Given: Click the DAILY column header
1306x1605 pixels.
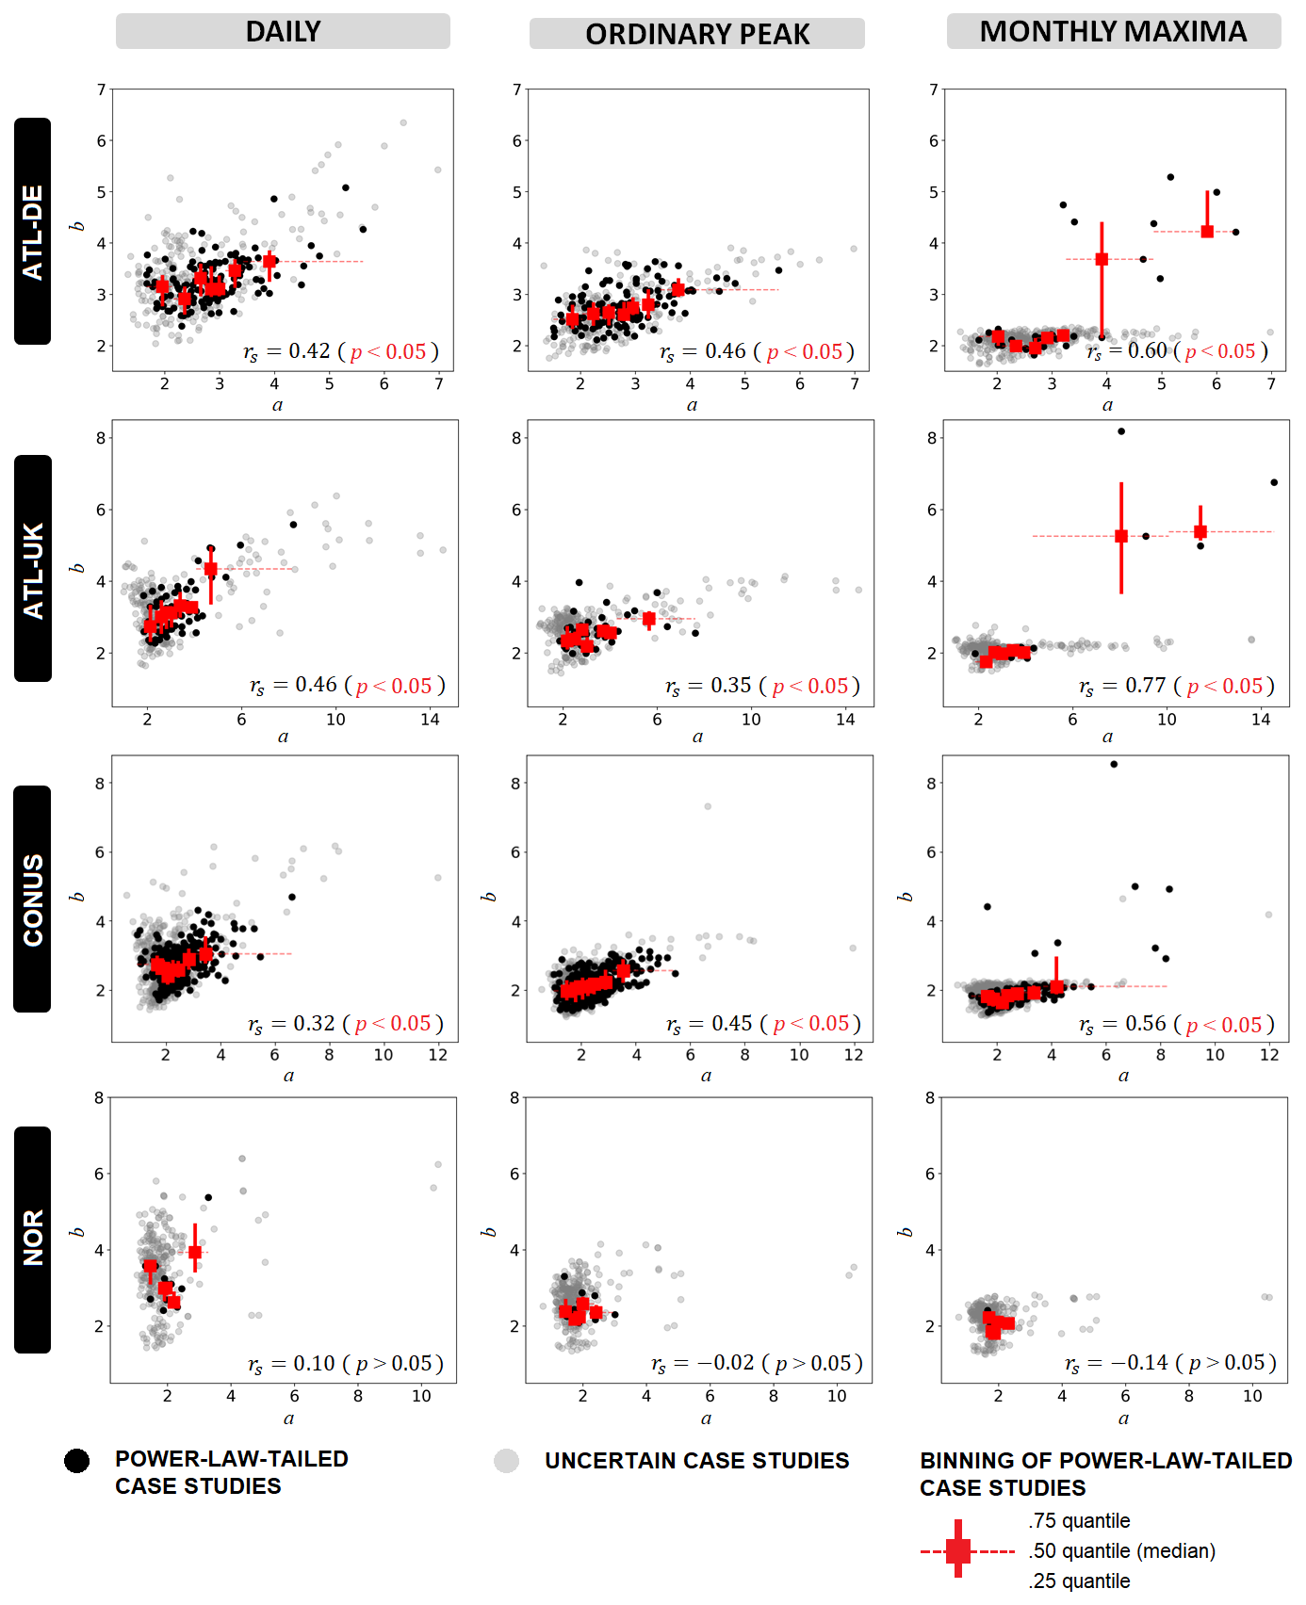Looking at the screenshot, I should (283, 31).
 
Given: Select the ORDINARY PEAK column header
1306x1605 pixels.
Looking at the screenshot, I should (697, 34).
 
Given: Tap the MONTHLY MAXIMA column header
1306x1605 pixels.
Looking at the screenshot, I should (1113, 31).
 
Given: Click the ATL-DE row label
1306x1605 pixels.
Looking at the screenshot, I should (33, 232).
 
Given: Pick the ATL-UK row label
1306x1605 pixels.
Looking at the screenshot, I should (33, 569).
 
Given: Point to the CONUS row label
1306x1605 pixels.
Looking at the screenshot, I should (33, 900).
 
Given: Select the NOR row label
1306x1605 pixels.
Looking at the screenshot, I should (33, 1240).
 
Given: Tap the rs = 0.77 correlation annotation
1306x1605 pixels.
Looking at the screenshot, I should (1177, 687).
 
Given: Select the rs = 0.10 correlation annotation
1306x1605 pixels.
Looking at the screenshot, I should (345, 1364).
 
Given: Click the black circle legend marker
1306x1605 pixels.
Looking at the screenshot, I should (77, 1461).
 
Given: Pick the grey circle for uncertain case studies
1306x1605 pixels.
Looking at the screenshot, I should (507, 1461).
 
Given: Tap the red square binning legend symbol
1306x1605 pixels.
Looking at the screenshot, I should (958, 1550).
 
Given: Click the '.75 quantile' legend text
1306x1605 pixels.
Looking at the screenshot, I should (1079, 1520).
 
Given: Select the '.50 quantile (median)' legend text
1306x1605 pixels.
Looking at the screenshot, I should (1121, 1550).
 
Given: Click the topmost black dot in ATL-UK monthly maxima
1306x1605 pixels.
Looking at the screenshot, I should (1121, 431).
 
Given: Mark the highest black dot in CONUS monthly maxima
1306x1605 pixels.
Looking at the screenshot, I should (1114, 764).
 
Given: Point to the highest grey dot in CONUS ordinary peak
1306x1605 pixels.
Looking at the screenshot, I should (708, 806).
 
